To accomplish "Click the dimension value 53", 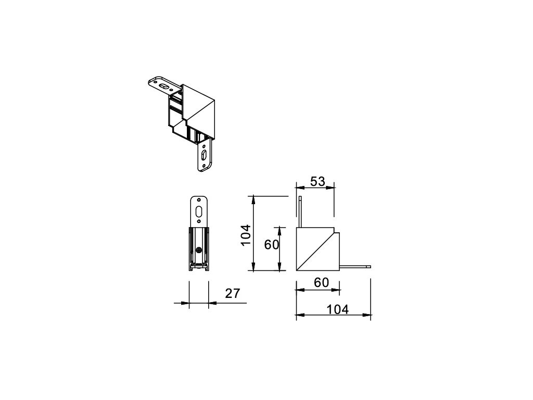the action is click(318, 181).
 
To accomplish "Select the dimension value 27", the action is click(233, 293).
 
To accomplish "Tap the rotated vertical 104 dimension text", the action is click(246, 235).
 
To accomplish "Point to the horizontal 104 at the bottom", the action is click(337, 309).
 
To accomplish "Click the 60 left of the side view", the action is click(271, 244).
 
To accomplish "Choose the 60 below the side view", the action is click(321, 282).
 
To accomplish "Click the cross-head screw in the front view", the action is click(199, 250).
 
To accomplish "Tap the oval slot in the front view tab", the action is click(199, 211).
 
